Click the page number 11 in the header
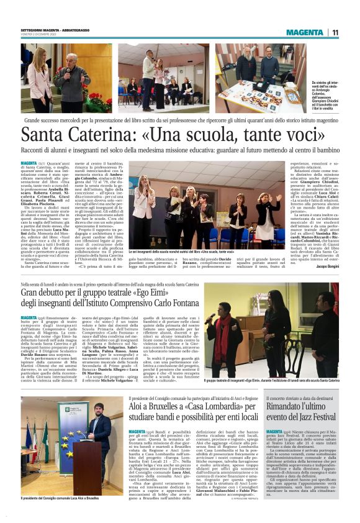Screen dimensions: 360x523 click(x=335, y=32)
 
